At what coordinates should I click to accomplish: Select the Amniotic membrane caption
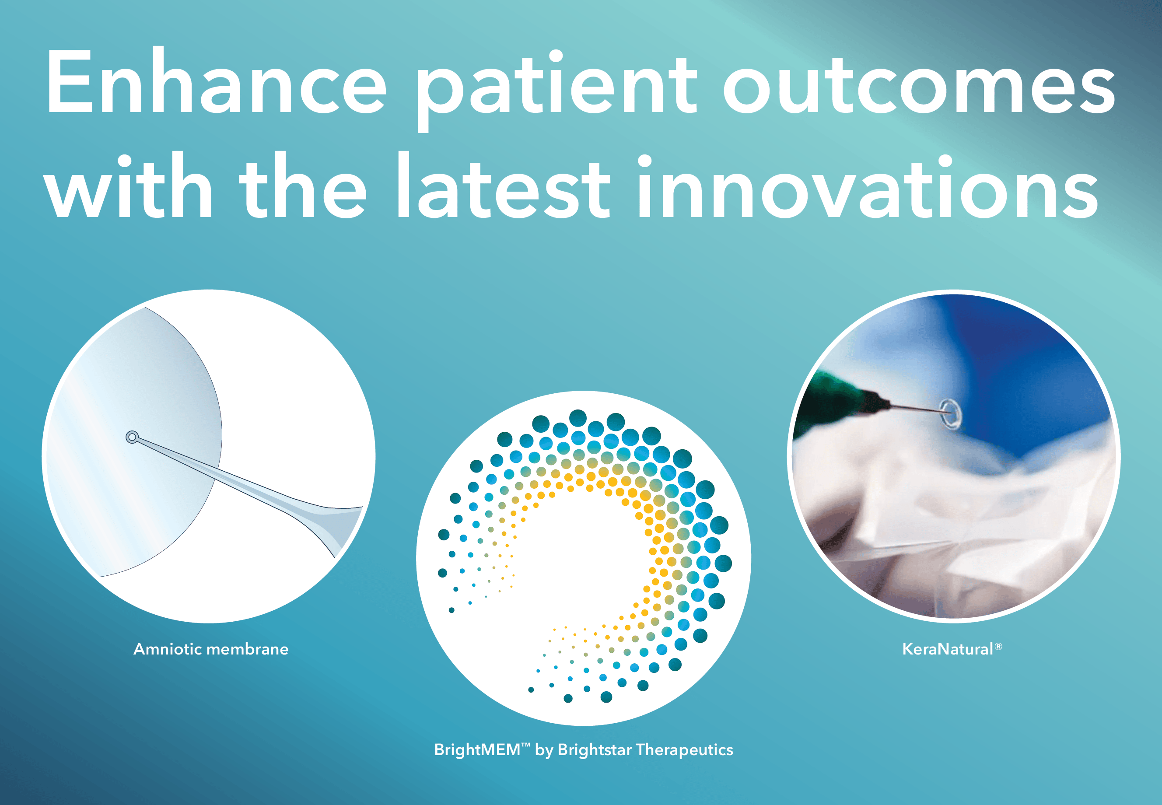pos(211,649)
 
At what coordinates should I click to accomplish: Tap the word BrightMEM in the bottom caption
pos(477,749)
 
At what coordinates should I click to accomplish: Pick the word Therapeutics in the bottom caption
pos(685,749)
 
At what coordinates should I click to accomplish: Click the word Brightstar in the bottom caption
pos(595,749)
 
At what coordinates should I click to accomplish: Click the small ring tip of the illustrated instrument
pos(132,437)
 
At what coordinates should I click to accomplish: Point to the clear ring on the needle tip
pos(951,414)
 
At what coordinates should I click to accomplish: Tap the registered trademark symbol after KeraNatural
pos(998,646)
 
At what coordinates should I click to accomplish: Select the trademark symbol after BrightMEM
pos(525,745)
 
